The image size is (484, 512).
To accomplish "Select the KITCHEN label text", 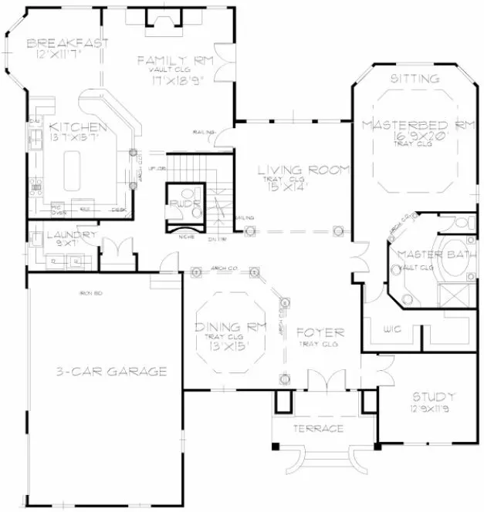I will coord(78,126).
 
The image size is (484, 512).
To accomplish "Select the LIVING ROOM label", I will coord(303,170).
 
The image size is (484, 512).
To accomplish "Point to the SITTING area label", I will coord(415,79).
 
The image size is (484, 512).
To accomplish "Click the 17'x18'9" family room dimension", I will coord(171,79).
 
